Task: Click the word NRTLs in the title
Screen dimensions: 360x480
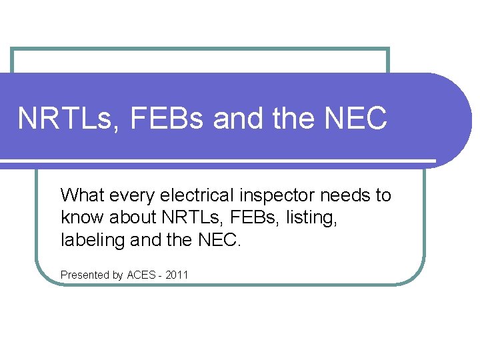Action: pyautogui.click(x=61, y=119)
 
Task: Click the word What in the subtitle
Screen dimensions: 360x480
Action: pyautogui.click(x=79, y=195)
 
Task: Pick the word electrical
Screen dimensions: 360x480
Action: pyautogui.click(x=181, y=195)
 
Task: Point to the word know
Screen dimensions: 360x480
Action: pyautogui.click(x=77, y=217)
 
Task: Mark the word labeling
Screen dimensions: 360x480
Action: pyautogui.click(x=87, y=239)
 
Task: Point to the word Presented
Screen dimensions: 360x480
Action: pyautogui.click(x=84, y=275)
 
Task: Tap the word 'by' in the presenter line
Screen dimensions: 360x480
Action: pyautogui.click(x=117, y=275)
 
